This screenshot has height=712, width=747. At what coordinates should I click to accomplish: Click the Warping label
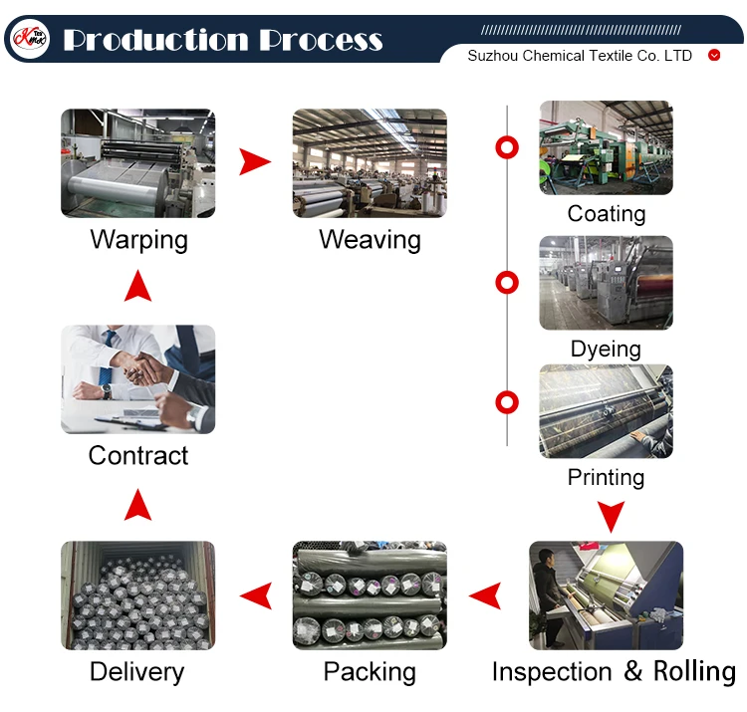point(138,240)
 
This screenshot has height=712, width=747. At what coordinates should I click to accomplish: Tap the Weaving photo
point(370,163)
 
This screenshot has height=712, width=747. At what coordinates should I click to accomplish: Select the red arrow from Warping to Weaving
point(255,162)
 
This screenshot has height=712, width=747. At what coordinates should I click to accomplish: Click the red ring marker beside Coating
point(507,147)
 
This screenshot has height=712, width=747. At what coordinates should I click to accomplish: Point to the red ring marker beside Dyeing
point(507,283)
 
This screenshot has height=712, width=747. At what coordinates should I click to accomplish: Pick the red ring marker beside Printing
point(507,402)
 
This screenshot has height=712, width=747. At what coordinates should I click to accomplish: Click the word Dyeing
point(606,350)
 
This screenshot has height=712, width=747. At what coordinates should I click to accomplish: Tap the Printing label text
point(606,477)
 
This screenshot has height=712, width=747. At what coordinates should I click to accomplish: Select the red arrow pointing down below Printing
point(611,516)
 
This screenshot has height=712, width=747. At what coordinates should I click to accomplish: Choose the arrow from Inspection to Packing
point(485,595)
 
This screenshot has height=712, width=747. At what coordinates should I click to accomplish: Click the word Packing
point(370,672)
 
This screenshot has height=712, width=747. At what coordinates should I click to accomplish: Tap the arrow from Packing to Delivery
point(256,595)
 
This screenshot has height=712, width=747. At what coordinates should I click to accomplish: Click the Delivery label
point(137,672)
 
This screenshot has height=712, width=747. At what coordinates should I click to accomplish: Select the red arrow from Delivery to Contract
point(137,504)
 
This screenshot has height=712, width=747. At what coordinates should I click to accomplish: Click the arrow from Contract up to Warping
point(137,285)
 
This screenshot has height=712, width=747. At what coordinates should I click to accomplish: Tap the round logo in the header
point(30,38)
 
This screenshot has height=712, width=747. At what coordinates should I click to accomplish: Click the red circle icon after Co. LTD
point(714,55)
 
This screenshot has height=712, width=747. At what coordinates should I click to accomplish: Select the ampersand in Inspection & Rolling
point(632,670)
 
